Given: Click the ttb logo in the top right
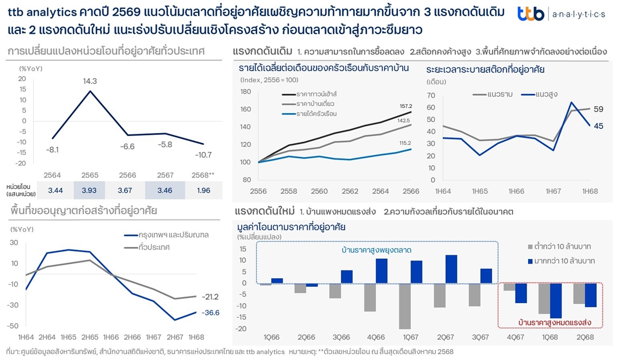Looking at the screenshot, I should click(x=531, y=14).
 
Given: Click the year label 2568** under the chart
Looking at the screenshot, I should click(x=203, y=176).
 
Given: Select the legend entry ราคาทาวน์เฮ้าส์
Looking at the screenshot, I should click(x=316, y=94).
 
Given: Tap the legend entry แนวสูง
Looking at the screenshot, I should click(x=537, y=94).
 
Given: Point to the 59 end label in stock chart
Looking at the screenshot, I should click(x=598, y=109).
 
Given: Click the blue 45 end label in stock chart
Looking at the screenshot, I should click(x=598, y=126).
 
